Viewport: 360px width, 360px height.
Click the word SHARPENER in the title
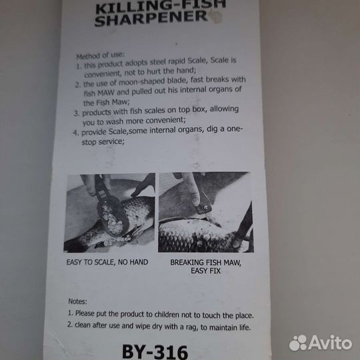(x=151, y=18)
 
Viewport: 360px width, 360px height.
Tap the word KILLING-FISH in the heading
(x=161, y=7)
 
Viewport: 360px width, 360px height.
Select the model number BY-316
(x=155, y=351)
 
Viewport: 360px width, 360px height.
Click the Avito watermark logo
(x=321, y=343)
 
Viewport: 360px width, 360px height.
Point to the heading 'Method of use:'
(x=100, y=55)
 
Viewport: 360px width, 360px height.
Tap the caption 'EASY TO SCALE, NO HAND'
(x=107, y=262)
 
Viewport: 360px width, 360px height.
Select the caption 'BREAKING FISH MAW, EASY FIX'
(x=206, y=267)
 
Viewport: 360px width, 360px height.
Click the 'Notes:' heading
(x=77, y=301)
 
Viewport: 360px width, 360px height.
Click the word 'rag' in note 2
(x=193, y=327)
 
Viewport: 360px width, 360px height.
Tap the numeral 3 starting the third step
(x=76, y=113)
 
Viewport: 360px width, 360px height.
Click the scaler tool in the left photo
(x=110, y=211)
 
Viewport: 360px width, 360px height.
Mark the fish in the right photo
(x=197, y=235)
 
